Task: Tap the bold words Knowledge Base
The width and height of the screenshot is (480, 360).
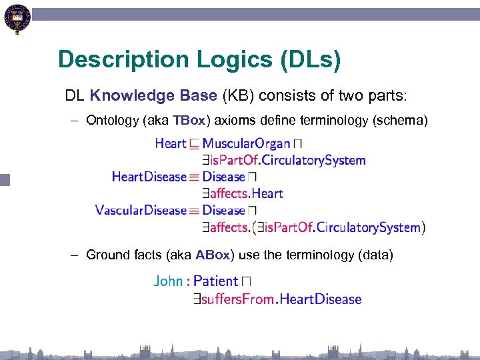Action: click(x=153, y=95)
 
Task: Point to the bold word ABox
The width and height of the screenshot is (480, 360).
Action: click(x=213, y=255)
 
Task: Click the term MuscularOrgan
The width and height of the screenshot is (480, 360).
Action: click(x=246, y=143)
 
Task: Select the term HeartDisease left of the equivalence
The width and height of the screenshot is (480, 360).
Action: click(x=149, y=177)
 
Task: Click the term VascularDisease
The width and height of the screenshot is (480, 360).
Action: click(x=141, y=210)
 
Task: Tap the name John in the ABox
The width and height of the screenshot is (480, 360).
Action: click(x=167, y=281)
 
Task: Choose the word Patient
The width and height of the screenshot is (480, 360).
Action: click(x=215, y=281)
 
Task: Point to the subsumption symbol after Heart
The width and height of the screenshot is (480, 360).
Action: click(x=194, y=144)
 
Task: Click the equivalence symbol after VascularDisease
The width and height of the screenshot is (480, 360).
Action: click(x=194, y=211)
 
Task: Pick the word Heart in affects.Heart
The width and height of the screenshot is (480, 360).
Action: click(x=267, y=193)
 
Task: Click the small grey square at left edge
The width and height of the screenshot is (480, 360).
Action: click(x=5, y=179)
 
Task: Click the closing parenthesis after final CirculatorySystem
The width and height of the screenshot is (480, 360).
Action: click(x=423, y=227)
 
